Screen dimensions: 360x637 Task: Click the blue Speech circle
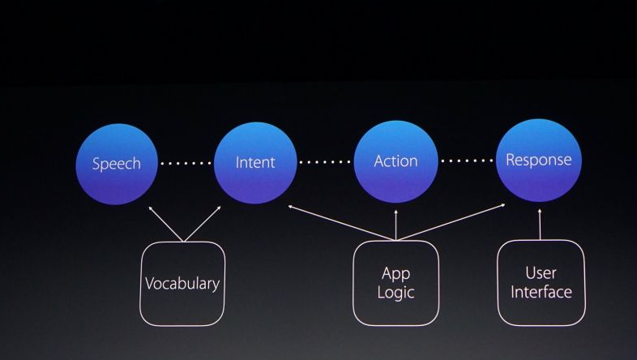coord(116,164)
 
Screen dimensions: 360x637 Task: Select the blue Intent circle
coord(254,162)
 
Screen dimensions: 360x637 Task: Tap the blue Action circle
coord(395,161)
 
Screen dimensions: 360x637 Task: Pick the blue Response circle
coord(539,160)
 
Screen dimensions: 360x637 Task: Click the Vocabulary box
coord(182,284)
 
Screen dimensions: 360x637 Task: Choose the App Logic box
coord(395,283)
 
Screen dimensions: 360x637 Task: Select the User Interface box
coord(541,282)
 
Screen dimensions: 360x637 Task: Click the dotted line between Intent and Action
coord(325,162)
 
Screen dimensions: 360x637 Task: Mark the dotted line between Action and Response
coord(467,161)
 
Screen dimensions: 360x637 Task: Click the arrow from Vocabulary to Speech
coord(166,223)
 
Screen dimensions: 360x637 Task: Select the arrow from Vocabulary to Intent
coord(203,223)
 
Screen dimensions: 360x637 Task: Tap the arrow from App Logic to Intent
coord(340,223)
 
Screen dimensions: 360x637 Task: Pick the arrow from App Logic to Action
coord(395,223)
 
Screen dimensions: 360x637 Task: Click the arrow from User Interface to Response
coord(541,223)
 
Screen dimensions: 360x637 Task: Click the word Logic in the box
coord(395,293)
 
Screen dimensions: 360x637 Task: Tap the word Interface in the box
coord(541,292)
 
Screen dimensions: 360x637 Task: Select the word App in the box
coord(395,273)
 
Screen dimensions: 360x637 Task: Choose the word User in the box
coord(541,272)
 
